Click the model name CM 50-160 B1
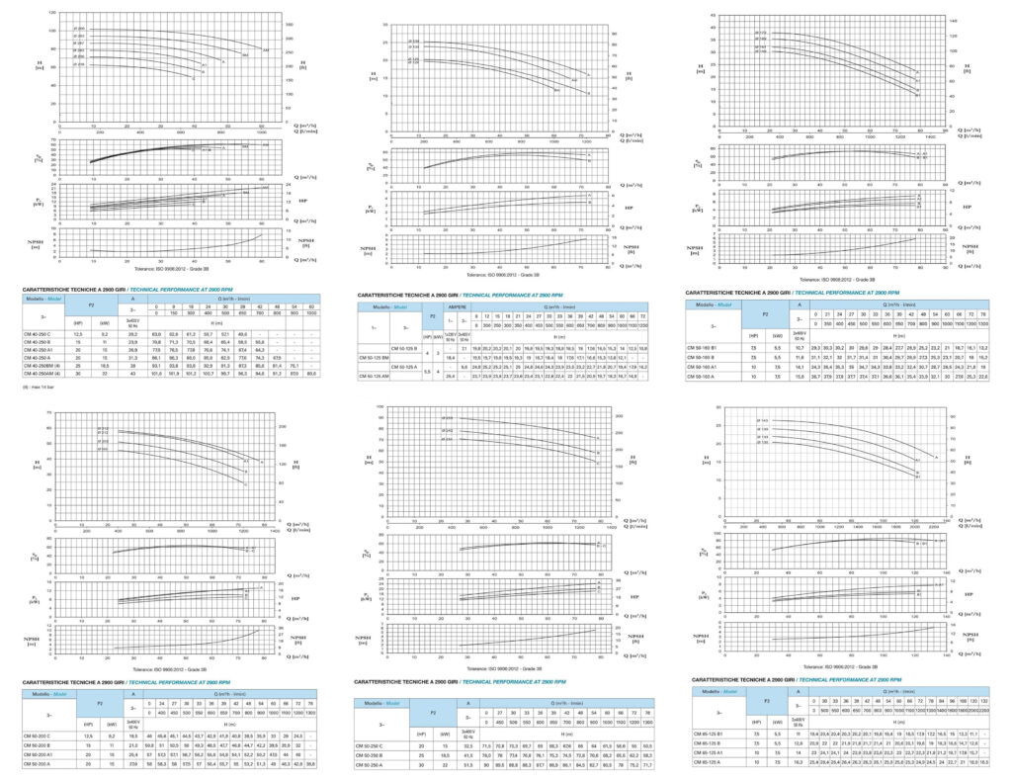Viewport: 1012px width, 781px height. pyautogui.click(x=710, y=347)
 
